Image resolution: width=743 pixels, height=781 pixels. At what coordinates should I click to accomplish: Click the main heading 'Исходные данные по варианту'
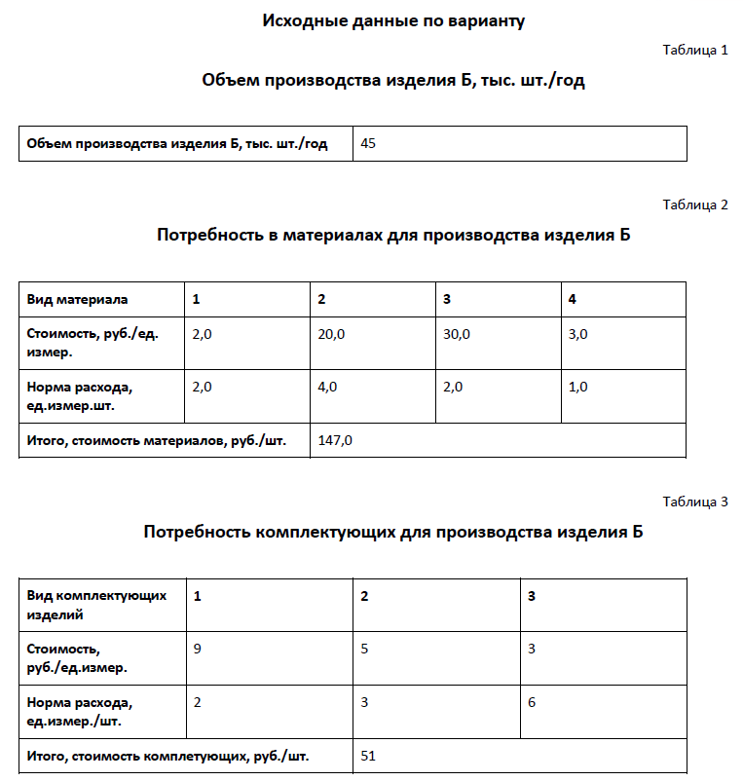393,20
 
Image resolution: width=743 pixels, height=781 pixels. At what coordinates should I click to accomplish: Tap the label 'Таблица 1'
695,50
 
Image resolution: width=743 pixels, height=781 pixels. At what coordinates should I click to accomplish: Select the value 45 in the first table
368,143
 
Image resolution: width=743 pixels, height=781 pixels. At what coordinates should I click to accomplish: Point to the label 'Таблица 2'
695,205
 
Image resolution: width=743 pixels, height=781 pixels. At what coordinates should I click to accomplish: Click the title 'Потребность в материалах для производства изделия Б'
393,236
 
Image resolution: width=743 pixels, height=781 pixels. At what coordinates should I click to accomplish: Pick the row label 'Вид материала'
77,299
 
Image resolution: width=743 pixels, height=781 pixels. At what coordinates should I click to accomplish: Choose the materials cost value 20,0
331,334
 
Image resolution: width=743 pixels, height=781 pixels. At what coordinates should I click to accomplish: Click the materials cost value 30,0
457,334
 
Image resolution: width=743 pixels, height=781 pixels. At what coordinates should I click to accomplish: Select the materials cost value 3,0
577,334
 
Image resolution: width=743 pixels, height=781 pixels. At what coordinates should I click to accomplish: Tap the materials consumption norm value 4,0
327,387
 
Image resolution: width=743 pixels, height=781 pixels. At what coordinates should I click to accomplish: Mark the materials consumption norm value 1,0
577,387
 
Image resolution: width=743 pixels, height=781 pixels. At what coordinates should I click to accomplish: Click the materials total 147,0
335,440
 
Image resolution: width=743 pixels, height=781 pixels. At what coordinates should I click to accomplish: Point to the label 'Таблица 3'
695,502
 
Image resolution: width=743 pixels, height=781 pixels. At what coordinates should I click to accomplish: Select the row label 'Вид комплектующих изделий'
96,605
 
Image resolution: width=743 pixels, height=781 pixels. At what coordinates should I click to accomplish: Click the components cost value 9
198,649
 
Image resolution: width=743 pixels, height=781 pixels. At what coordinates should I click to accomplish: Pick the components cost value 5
364,649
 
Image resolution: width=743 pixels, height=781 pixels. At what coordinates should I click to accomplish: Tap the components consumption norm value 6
532,702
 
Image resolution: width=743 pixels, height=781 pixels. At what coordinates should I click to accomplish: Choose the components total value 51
368,755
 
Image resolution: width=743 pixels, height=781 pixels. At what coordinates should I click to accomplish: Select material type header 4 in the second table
573,299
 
